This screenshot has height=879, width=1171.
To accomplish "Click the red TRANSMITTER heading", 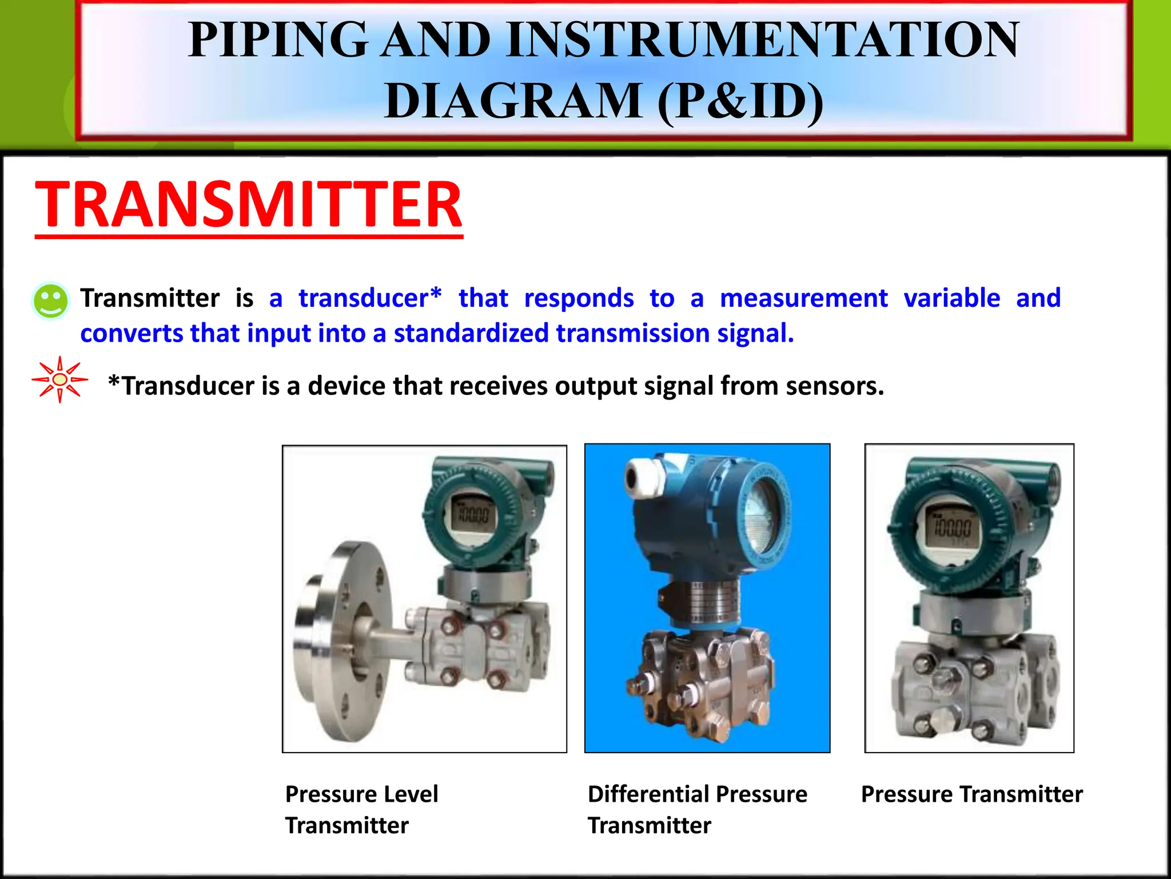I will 248,205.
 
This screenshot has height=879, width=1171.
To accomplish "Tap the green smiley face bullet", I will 50,300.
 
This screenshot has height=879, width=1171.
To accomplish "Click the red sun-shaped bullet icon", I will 59,379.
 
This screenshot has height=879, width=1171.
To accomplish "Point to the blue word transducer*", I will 370,298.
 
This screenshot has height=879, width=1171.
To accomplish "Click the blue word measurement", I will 803,298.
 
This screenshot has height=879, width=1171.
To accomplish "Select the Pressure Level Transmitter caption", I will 361,809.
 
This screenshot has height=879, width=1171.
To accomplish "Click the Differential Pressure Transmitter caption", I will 697,809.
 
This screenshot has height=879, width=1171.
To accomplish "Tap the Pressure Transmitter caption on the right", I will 971,794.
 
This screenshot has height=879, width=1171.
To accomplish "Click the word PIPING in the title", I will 278,40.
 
